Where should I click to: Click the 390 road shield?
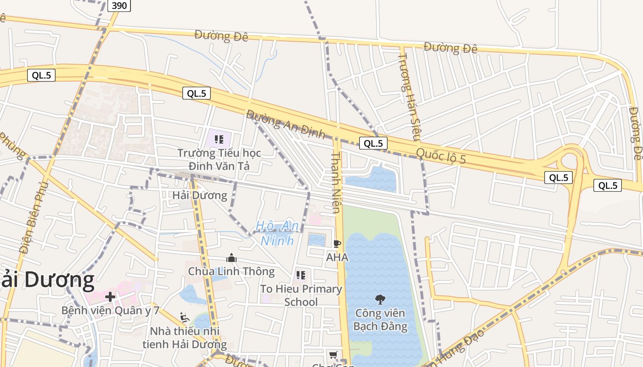click(x=119, y=6)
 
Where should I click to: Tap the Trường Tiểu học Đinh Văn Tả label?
click(x=219, y=159)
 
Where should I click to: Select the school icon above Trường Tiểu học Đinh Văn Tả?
click(x=219, y=139)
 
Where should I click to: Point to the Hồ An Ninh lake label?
click(x=277, y=233)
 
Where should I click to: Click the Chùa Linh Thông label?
click(x=231, y=271)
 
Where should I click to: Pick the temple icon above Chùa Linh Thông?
click(x=231, y=258)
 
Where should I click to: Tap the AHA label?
click(x=337, y=257)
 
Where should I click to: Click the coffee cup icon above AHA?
click(x=337, y=244)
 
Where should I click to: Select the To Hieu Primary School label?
click(x=301, y=295)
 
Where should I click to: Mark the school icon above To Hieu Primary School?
click(x=301, y=275)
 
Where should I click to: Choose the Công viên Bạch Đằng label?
click(x=380, y=320)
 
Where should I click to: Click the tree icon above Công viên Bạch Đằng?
click(x=380, y=300)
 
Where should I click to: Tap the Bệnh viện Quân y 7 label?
click(x=110, y=311)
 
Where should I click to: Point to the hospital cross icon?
click(x=110, y=297)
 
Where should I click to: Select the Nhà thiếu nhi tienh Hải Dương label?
click(x=185, y=338)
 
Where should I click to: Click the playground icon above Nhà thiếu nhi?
click(x=185, y=317)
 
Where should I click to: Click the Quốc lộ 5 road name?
click(x=441, y=156)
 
